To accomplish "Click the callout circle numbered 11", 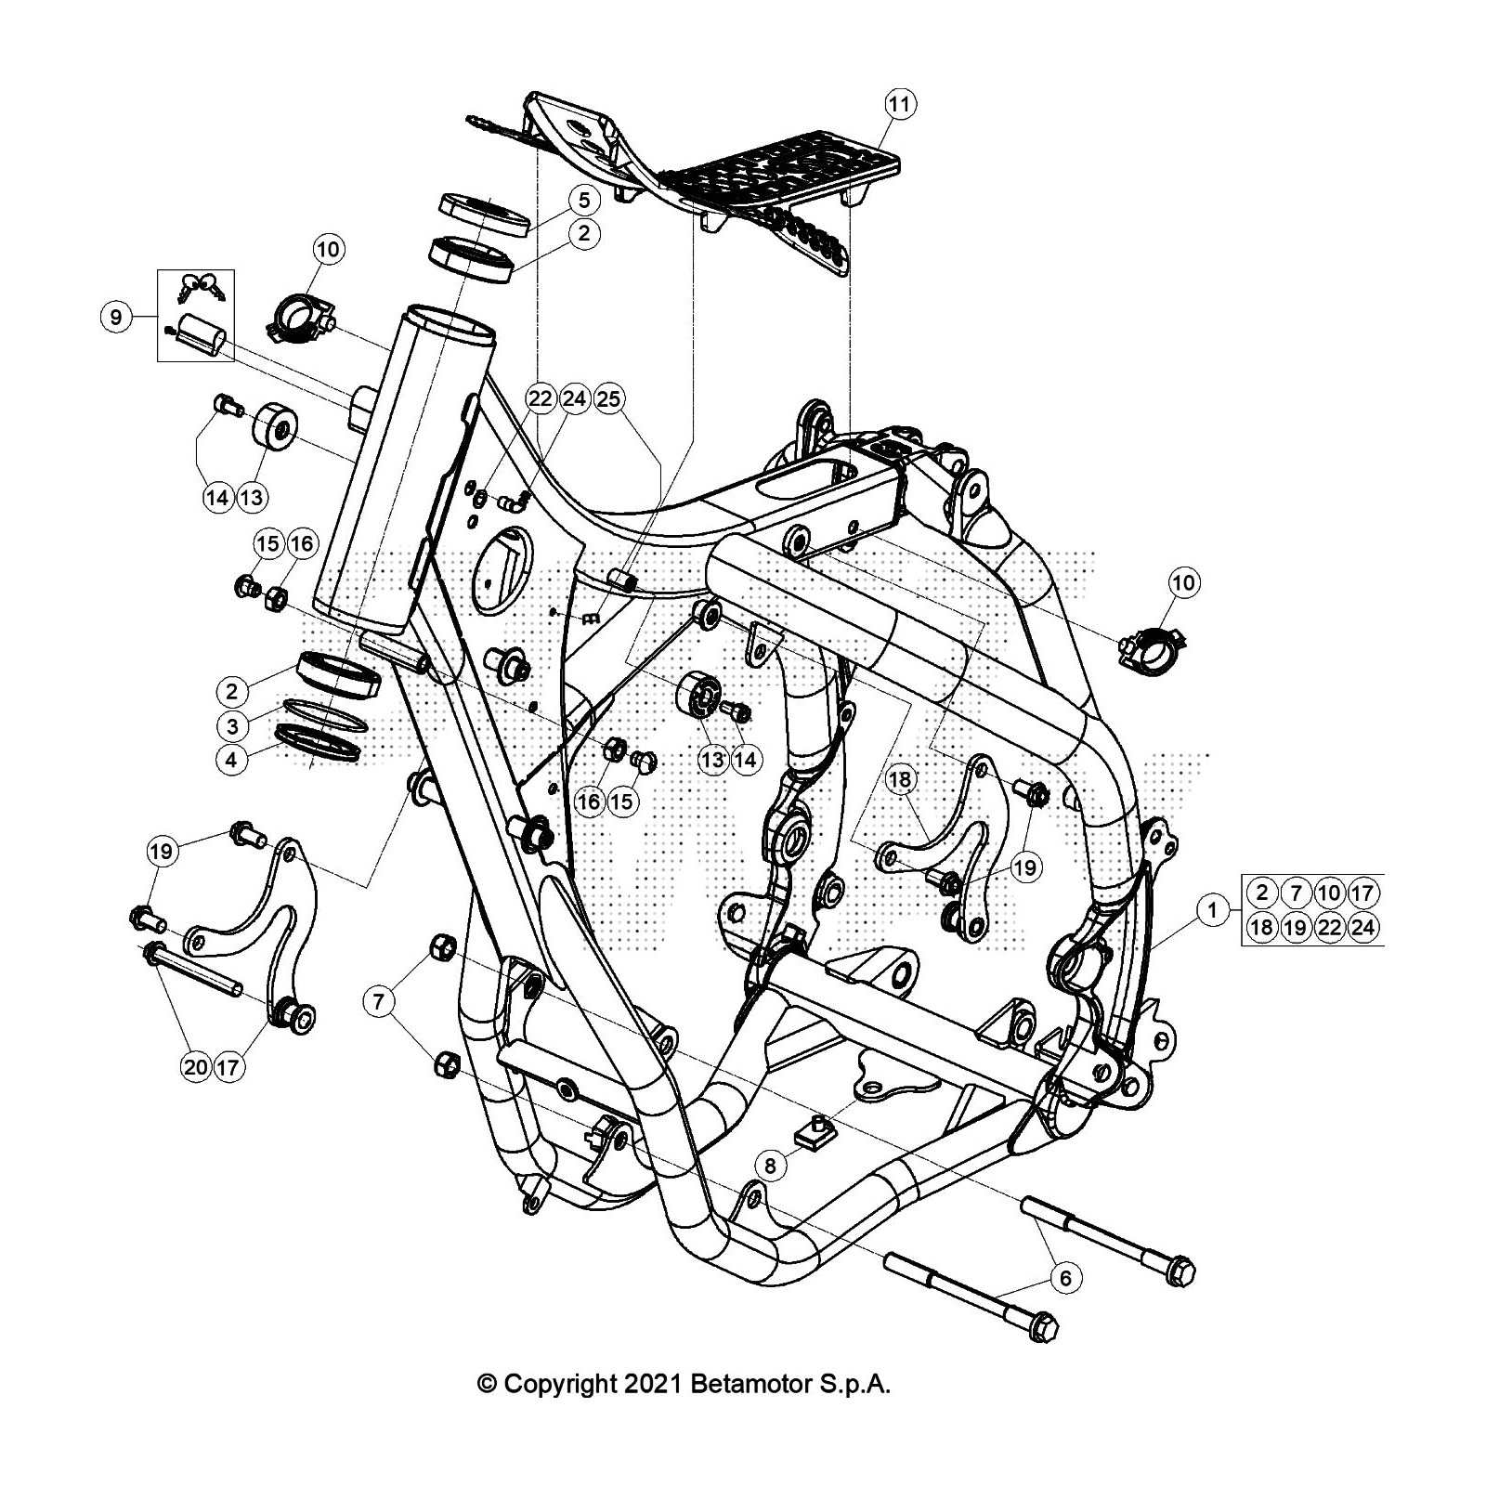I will (x=899, y=104).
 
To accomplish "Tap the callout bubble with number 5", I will (x=583, y=200).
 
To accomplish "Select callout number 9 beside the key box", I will (x=115, y=318).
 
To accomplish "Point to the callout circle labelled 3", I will (x=232, y=725).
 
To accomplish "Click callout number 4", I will (x=232, y=760).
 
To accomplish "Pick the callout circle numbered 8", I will (x=770, y=1164).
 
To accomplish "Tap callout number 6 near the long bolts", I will (x=1065, y=1278).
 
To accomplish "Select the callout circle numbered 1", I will (x=1212, y=910).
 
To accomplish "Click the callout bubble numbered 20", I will (x=196, y=1067).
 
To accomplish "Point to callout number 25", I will (x=608, y=399).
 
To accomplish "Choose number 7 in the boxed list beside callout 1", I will (x=1295, y=893).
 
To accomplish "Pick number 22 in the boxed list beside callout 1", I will (x=1329, y=927).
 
